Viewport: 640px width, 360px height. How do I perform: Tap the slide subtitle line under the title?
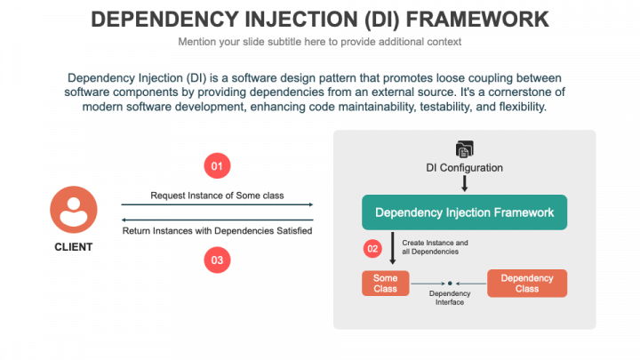click(319, 42)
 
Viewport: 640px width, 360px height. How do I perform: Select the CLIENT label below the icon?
click(73, 247)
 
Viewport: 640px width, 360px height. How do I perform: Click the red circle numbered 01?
click(217, 165)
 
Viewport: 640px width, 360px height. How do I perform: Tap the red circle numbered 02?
click(373, 248)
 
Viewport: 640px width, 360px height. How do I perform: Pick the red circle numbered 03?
click(217, 260)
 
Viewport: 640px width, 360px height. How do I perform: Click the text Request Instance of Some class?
click(217, 195)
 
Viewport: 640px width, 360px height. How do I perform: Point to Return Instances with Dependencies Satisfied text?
click(217, 231)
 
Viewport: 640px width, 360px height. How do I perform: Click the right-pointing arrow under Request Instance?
click(217, 204)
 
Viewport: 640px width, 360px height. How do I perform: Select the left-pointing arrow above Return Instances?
click(217, 220)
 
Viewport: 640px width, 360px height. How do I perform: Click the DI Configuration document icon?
click(464, 149)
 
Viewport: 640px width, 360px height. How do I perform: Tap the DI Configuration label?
click(464, 167)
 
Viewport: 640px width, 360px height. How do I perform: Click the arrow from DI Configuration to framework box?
click(464, 183)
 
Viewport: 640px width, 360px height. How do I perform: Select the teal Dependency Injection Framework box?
click(464, 212)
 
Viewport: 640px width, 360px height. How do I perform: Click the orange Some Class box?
click(385, 284)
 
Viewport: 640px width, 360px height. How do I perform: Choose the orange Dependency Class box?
click(527, 284)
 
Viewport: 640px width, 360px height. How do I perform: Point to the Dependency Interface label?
click(450, 298)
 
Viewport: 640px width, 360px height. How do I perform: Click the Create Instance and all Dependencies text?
click(435, 247)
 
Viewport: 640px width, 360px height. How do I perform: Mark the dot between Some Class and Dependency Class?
click(451, 284)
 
